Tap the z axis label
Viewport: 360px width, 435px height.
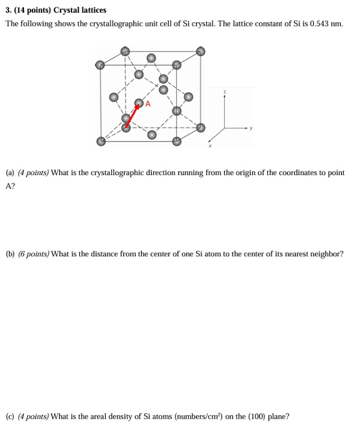coord(225,92)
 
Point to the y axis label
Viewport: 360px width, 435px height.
coord(252,128)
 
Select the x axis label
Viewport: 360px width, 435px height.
coord(210,145)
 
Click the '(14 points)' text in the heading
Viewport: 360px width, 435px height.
coord(33,10)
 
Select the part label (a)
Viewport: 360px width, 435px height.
coord(10,173)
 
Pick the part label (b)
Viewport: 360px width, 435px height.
coord(10,254)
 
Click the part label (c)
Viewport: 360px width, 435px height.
coord(10,416)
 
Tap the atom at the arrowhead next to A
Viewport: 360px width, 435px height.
coord(139,103)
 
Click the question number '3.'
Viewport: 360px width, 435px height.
coord(8,10)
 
